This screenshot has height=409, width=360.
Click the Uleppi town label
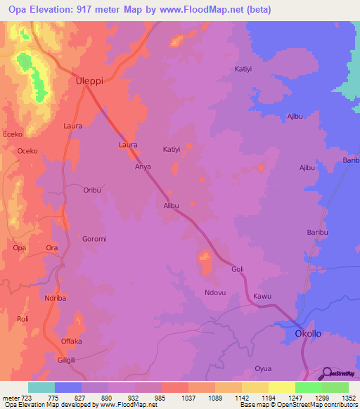click(x=89, y=81)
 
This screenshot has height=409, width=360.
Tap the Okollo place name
click(x=308, y=334)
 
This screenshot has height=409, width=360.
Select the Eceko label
click(x=13, y=134)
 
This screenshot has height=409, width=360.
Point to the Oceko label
click(x=27, y=151)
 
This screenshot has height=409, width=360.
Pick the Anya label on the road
click(x=143, y=167)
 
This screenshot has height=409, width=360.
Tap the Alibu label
click(x=172, y=206)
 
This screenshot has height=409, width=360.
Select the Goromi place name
click(x=94, y=239)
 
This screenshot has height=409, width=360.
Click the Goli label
click(x=238, y=269)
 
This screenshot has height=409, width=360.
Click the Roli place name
click(x=22, y=319)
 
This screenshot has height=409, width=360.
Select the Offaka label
click(x=71, y=342)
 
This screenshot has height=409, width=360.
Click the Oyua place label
click(x=263, y=368)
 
